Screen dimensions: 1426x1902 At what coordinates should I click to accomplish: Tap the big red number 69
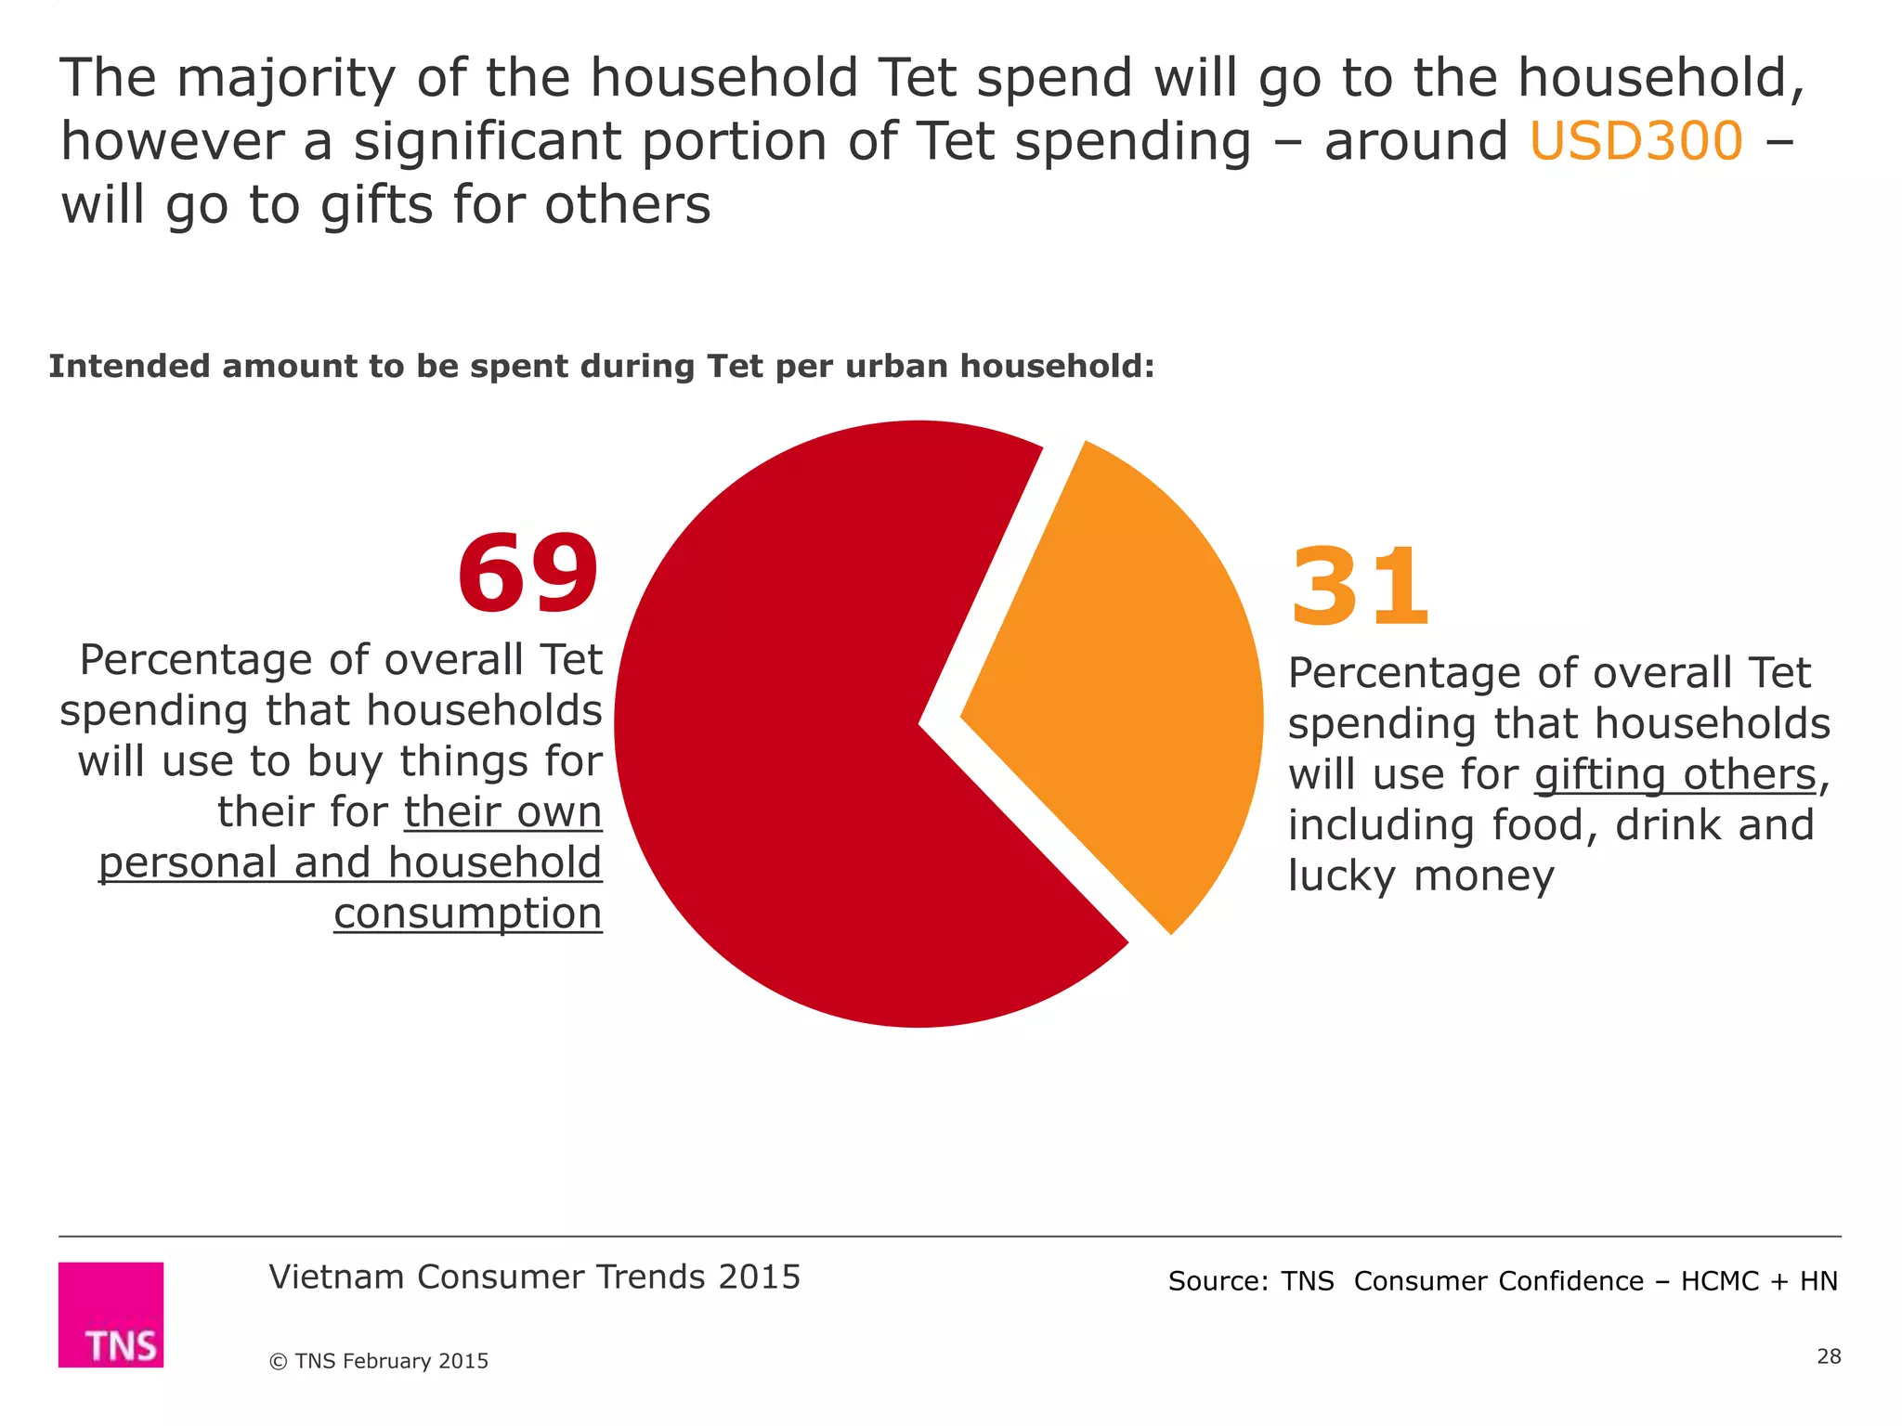tap(528, 573)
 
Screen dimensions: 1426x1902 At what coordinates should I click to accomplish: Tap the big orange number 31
tap(1360, 588)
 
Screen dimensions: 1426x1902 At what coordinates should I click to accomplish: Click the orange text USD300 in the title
tap(1635, 142)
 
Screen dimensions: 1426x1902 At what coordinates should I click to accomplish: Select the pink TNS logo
tap(111, 1314)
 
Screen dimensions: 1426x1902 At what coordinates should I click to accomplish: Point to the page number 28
tap(1829, 1356)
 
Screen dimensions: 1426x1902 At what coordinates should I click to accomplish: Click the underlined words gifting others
tap(1674, 774)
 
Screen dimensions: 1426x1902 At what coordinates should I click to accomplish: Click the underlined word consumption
tap(468, 914)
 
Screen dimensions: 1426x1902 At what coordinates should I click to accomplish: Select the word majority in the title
tap(286, 78)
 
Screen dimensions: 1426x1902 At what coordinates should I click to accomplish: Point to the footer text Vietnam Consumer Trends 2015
tap(534, 1277)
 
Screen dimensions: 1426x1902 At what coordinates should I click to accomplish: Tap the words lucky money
tap(1421, 876)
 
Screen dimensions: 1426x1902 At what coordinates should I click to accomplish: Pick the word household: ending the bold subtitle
tap(1058, 367)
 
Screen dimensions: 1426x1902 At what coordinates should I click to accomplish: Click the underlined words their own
tap(502, 812)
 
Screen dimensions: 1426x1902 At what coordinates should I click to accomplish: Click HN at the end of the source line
tap(1818, 1281)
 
